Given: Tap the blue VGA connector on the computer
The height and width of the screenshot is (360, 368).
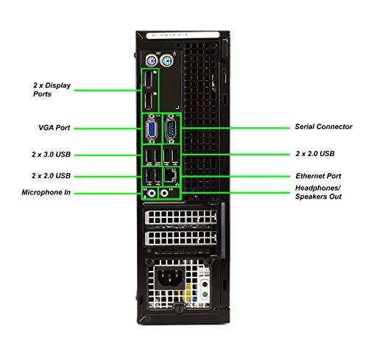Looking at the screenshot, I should click(150, 130).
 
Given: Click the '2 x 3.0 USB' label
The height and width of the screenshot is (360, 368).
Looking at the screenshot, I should click(52, 155).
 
